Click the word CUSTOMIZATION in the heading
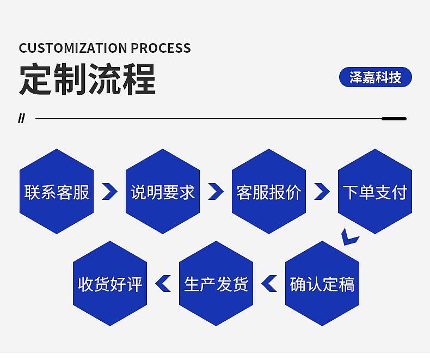[73, 48]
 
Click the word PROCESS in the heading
[161, 48]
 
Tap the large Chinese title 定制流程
[88, 79]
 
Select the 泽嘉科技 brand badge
[376, 77]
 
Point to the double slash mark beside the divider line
[21, 119]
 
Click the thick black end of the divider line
[394, 119]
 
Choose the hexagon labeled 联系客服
[57, 191]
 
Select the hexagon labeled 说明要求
[163, 191]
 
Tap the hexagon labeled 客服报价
[269, 191]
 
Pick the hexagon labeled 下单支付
[375, 191]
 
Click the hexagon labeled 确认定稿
[322, 283]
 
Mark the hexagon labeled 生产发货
[216, 283]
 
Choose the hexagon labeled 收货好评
[110, 283]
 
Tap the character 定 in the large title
[35, 79]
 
